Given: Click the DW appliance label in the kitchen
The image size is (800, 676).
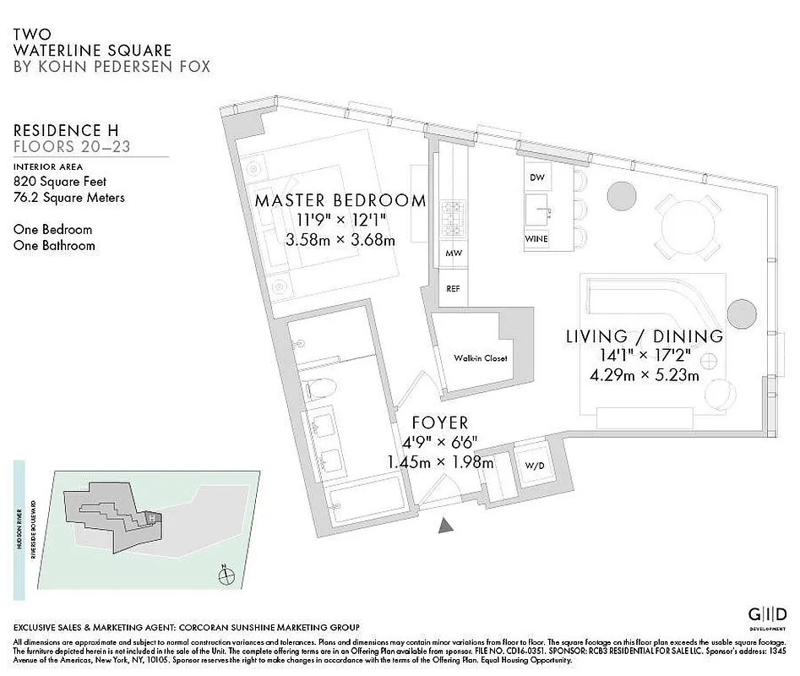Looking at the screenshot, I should coord(536,177).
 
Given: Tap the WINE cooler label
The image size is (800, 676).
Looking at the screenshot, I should coord(536,239).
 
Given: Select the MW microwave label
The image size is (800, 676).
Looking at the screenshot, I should coord(453,253).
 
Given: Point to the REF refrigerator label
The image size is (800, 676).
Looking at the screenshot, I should coord(453,288).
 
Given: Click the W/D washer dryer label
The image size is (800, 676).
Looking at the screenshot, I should coord(534,466).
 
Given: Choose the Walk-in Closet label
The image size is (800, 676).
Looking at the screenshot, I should coord(480,358).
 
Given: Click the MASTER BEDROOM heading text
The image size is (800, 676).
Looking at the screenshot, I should coord(340,201).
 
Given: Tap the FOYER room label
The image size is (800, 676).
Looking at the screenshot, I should coord(439,422).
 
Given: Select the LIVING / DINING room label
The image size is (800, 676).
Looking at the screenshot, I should coord(645,336).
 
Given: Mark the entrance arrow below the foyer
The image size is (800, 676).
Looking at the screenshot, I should coord(446,526).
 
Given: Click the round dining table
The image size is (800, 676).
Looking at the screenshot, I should coord(688,224).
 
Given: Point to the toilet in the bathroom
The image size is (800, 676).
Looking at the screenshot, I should coord(322,390).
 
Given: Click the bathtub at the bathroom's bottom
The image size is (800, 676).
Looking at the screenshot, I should coord(366,499).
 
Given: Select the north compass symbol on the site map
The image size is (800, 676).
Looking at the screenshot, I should coord(226,576).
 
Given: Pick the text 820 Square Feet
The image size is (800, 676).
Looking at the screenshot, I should coord(60,181).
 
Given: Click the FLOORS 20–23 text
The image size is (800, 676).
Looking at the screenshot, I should coord(73,147).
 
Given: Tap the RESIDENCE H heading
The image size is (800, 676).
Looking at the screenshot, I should coord(66,130).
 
